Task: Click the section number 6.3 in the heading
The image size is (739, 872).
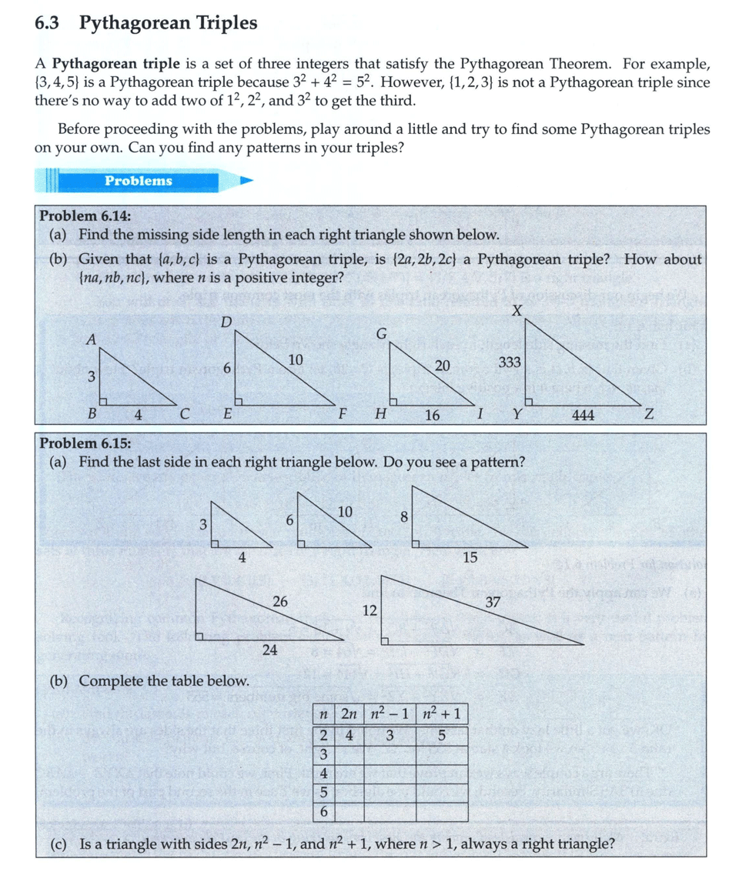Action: point(47,24)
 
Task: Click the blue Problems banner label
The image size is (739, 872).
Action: point(139,181)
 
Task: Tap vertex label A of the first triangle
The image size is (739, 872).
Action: point(91,339)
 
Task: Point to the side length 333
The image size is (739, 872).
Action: point(510,362)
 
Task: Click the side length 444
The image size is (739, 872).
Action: point(584,416)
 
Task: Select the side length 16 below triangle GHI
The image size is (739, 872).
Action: point(433,416)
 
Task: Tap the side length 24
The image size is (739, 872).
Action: point(269,650)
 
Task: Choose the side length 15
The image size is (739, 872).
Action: point(470,558)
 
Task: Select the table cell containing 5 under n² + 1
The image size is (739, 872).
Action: point(441,736)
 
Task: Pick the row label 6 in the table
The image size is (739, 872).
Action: point(323,811)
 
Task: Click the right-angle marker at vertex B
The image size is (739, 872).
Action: point(102,401)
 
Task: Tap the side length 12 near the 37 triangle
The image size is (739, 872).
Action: point(369,611)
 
